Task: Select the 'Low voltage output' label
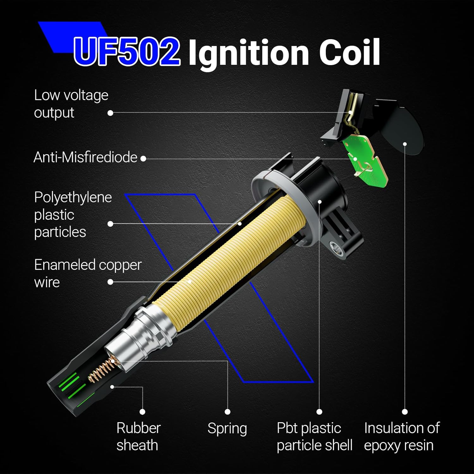(x=71, y=104)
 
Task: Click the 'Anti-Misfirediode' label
(x=85, y=157)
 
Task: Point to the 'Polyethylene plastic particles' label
(x=73, y=215)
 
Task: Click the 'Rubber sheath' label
(x=138, y=436)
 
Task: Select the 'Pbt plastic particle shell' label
(x=314, y=436)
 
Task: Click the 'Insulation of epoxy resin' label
(x=402, y=436)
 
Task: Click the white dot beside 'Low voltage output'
(x=110, y=113)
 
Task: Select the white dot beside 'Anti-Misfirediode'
(x=143, y=159)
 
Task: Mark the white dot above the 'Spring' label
(x=228, y=412)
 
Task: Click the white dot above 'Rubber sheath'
(x=143, y=412)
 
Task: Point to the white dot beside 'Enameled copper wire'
(x=110, y=282)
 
